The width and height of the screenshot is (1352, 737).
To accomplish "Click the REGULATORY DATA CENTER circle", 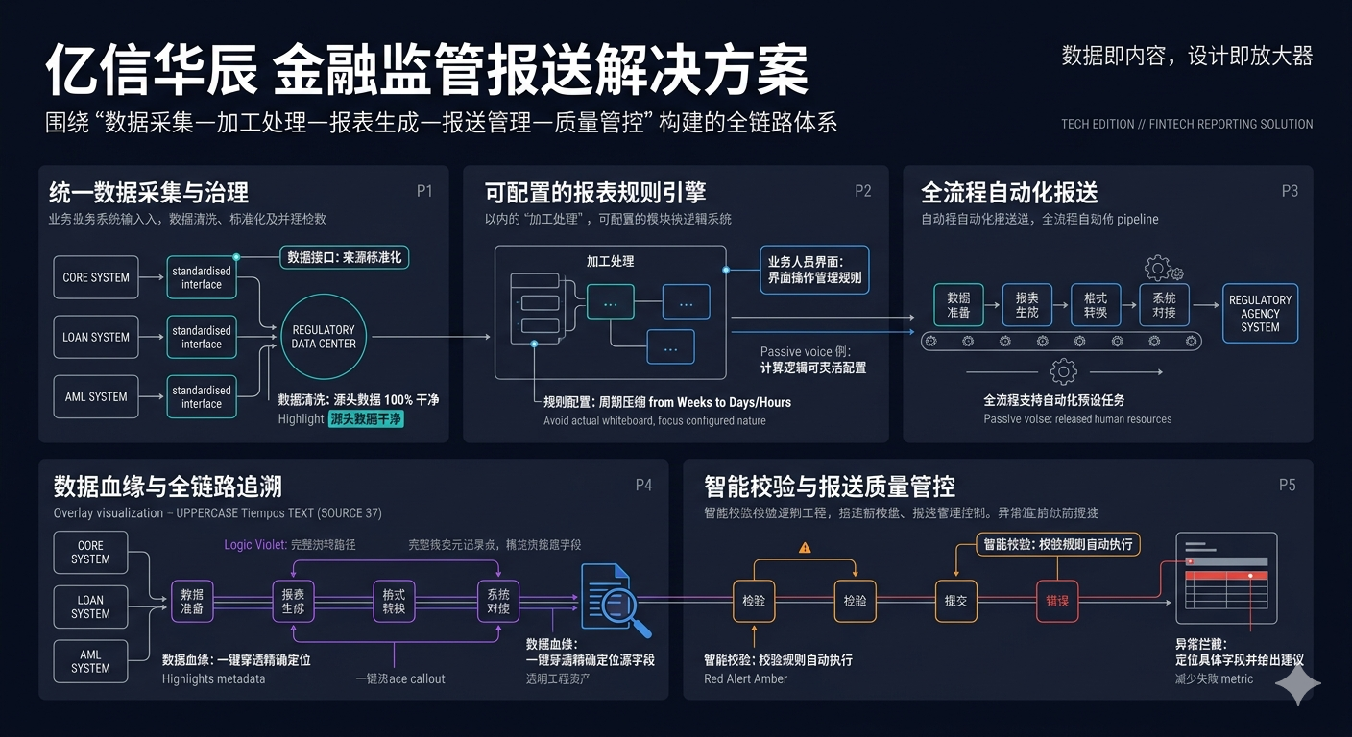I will click(x=324, y=337).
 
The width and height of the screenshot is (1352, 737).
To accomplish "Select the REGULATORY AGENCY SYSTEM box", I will click(x=1260, y=314).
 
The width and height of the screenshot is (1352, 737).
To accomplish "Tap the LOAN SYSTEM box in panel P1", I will click(x=96, y=337).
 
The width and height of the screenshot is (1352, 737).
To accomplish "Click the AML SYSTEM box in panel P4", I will click(x=90, y=661).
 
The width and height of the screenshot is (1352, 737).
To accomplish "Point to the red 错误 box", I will click(x=1057, y=601).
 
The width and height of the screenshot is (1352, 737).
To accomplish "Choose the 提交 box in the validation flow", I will click(x=955, y=601).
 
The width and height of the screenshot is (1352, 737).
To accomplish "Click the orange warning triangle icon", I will click(x=805, y=548).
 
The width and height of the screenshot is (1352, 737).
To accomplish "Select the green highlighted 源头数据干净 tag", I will click(x=366, y=418).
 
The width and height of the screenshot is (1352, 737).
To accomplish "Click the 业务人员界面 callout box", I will click(x=814, y=270).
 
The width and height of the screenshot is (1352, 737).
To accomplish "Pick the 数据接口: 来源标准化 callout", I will click(x=345, y=257).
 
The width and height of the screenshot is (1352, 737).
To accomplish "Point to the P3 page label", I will click(x=1290, y=191).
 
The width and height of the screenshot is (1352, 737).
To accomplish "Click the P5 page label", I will click(x=1287, y=485).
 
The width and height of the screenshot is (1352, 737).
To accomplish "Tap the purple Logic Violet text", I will click(x=254, y=544).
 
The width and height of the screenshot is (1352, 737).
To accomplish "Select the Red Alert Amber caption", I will click(x=745, y=678).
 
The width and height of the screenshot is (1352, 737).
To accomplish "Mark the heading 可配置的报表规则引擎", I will click(x=595, y=192).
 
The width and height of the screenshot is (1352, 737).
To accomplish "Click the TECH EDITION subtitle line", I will click(x=1187, y=124).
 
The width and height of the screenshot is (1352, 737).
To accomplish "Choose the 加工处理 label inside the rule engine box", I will click(x=610, y=261).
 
